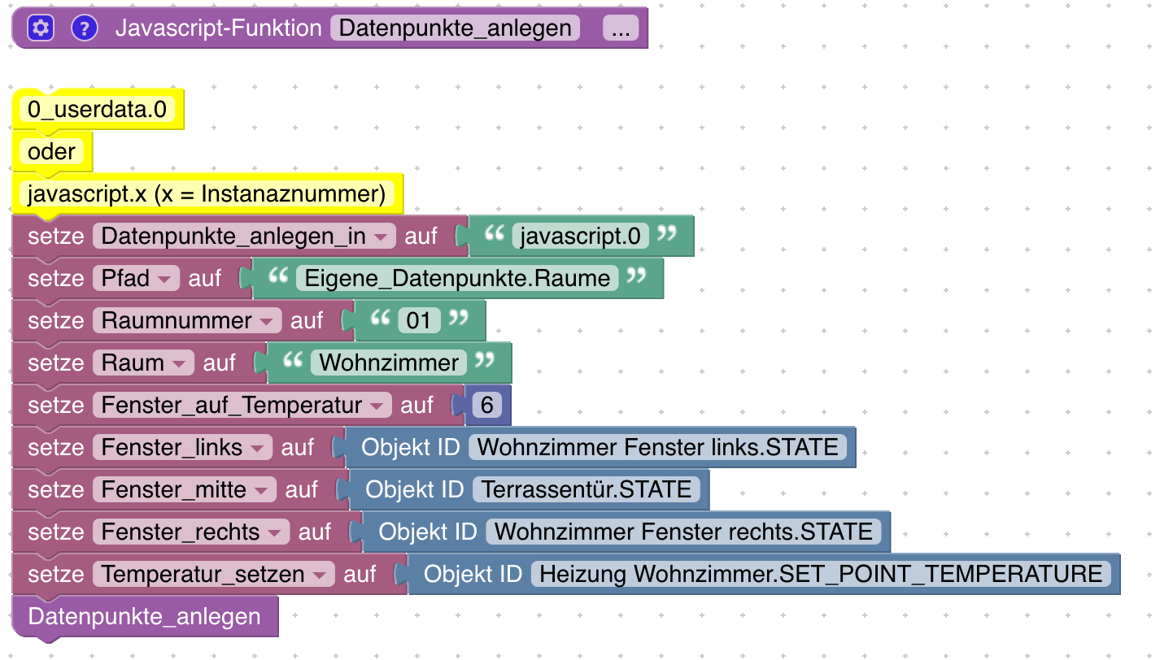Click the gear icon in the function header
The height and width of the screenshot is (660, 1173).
point(40,28)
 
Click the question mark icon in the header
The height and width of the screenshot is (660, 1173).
point(85,28)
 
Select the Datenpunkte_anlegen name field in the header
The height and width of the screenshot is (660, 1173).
point(455,28)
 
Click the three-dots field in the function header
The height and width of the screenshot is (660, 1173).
point(620,28)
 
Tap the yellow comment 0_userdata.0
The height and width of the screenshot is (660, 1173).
point(97,110)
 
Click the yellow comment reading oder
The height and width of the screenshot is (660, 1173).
point(51,152)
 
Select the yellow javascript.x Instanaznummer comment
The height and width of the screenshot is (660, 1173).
point(207,194)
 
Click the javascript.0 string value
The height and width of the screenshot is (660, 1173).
point(580,237)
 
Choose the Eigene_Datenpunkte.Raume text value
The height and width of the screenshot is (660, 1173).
point(457,279)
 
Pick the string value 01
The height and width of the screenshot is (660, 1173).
point(418,321)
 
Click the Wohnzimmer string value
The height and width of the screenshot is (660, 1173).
point(389,363)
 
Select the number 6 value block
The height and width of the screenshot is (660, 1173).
point(486,406)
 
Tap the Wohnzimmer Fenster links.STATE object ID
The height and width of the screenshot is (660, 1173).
point(657,448)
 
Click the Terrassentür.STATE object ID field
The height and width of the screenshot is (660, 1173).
point(586,490)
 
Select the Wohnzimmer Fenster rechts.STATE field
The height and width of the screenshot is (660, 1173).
point(683,532)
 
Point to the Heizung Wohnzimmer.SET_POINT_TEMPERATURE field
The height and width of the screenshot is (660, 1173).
point(821,575)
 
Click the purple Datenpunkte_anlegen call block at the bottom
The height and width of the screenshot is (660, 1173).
point(144,617)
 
